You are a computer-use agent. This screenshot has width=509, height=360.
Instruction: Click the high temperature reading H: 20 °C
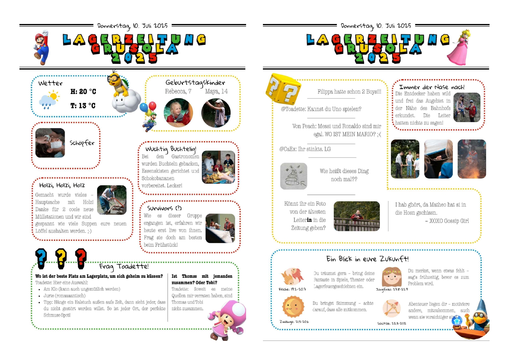[x=83, y=92]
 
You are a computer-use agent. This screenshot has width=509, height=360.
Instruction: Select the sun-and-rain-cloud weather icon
[x=49, y=100]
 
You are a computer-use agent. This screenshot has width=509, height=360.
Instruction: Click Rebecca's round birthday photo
[x=178, y=113]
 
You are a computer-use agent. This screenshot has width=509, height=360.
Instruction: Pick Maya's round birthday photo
[x=216, y=113]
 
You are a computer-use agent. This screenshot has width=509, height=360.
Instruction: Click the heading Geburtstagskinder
[x=195, y=83]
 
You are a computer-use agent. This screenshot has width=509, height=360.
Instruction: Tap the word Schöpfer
[x=82, y=143]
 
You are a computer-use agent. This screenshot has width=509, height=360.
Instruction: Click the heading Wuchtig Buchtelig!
[x=171, y=149]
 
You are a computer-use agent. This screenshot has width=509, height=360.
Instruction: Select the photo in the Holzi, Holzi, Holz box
[x=112, y=200]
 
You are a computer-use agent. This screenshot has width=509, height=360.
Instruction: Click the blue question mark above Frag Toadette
[x=41, y=258]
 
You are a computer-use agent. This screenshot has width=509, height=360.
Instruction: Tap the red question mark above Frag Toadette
[x=81, y=258]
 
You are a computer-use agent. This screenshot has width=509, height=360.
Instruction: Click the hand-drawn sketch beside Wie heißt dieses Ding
[x=294, y=176]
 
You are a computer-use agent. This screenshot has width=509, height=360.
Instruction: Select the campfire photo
[x=472, y=159]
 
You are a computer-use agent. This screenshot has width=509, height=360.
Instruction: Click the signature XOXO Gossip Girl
[x=449, y=221]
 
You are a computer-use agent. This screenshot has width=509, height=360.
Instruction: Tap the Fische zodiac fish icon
[x=292, y=277]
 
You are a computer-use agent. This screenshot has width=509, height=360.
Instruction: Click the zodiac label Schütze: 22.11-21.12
[x=391, y=323]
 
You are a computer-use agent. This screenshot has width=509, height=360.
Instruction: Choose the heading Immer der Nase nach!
[x=432, y=87]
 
